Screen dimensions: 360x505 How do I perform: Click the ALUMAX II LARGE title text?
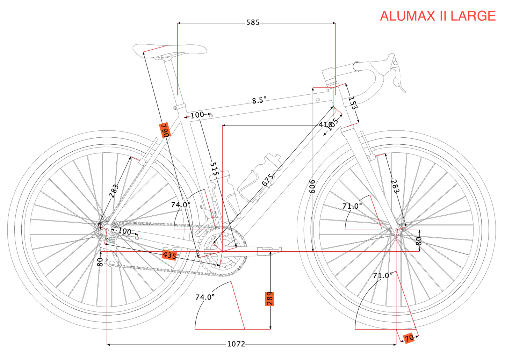(438, 16)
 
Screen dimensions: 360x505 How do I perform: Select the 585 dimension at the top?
(253, 23)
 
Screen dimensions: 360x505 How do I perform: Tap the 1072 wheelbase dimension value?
(236, 344)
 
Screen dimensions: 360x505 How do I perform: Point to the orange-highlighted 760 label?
(165, 130)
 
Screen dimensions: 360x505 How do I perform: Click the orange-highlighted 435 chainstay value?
(170, 255)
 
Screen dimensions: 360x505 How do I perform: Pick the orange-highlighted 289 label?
(269, 299)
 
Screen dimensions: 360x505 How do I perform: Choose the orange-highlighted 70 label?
(409, 338)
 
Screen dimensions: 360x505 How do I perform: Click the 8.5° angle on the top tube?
(259, 101)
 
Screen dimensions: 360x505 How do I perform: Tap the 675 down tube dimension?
(268, 180)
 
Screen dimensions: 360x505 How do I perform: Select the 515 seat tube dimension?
(215, 169)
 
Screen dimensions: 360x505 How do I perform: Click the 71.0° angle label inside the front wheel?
(352, 206)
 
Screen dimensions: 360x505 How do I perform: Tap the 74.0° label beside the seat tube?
(181, 204)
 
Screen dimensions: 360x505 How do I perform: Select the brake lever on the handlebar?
(398, 77)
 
